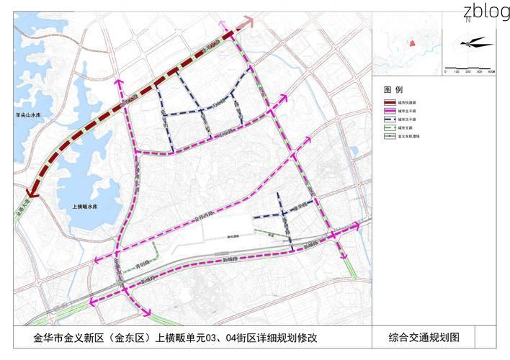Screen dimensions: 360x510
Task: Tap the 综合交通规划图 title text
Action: pyautogui.click(x=424, y=336)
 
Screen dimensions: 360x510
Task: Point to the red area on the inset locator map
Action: pyautogui.click(x=413, y=43)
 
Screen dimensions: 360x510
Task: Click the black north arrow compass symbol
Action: pyautogui.click(x=469, y=43)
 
